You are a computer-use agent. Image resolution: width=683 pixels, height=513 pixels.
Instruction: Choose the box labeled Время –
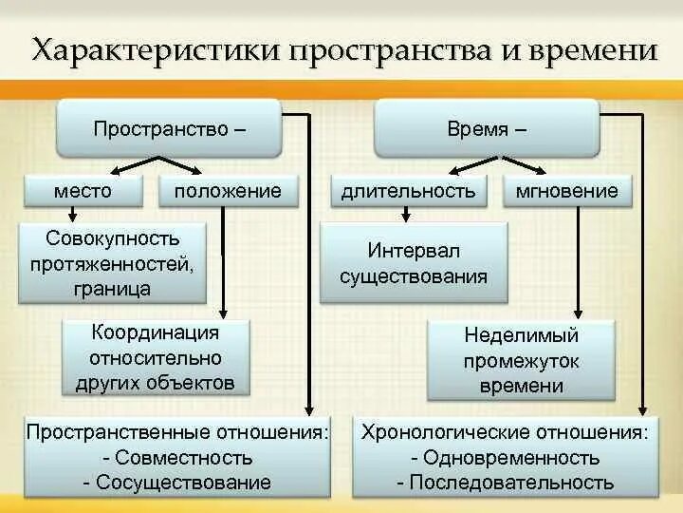click(x=487, y=128)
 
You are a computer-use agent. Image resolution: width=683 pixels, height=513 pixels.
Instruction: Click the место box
click(x=83, y=191)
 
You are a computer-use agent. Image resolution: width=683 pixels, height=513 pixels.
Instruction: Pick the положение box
click(x=228, y=191)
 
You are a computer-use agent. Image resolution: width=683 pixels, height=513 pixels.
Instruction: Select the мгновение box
click(x=567, y=191)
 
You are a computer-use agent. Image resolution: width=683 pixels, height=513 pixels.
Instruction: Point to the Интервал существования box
click(x=414, y=263)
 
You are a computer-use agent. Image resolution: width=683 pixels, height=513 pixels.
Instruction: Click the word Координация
click(x=156, y=332)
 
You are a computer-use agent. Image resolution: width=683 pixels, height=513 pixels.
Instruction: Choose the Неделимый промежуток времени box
click(x=521, y=360)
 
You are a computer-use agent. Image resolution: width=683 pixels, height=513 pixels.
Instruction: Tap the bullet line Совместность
click(x=177, y=458)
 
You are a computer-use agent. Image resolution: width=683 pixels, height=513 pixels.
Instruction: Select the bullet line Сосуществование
click(x=177, y=483)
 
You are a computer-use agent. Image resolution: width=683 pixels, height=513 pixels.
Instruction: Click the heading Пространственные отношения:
click(x=177, y=433)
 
